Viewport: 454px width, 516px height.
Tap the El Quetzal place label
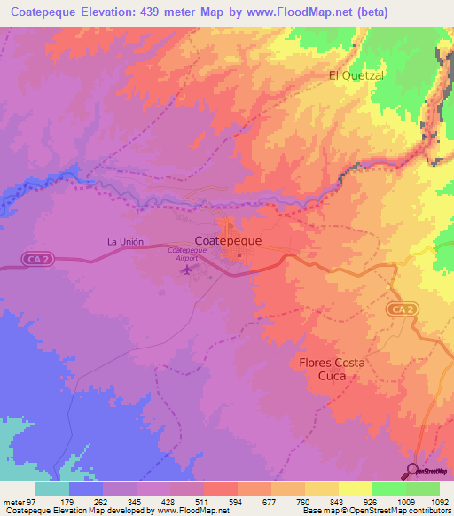pyautogui.click(x=356, y=76)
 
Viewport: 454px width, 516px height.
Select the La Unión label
pyautogui.click(x=125, y=241)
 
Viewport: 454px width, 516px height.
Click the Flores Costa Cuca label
pyautogui.click(x=332, y=369)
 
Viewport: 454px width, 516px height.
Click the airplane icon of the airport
pyautogui.click(x=184, y=269)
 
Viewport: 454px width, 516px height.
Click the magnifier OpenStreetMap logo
pyautogui.click(x=412, y=471)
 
